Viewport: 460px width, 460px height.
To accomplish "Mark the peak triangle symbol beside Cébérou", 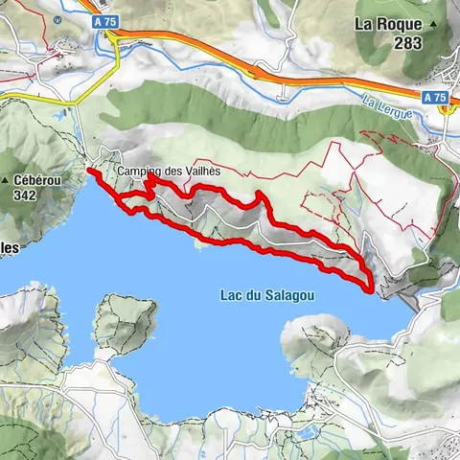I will pos(6,180).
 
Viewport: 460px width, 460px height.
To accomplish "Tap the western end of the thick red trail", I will pos(90,171).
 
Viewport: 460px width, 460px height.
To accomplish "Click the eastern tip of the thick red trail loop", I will pos(371,285).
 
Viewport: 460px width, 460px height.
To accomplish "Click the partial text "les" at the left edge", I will pos(10,246).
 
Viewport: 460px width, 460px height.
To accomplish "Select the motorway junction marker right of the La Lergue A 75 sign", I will pos(446,108).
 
